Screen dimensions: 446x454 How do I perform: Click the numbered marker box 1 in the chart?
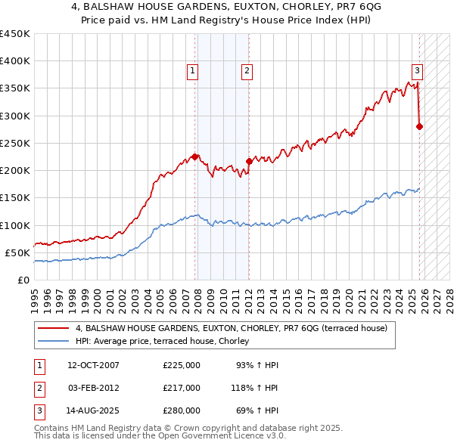pyautogui.click(x=193, y=71)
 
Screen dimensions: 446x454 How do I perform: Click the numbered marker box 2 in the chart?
pyautogui.click(x=247, y=71)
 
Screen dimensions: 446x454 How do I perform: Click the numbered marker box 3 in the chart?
pyautogui.click(x=417, y=71)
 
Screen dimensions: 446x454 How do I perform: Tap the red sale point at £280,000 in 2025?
pyautogui.click(x=420, y=127)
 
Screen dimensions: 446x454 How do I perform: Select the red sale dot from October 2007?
pyautogui.click(x=195, y=157)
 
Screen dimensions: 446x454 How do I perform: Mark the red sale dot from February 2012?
pyautogui.click(x=249, y=161)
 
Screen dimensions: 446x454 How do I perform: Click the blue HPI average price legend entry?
pyautogui.click(x=166, y=342)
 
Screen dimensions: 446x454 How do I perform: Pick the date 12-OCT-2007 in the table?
pyautogui.click(x=93, y=365)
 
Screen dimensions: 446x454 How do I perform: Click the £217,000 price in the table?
pyautogui.click(x=182, y=388)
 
